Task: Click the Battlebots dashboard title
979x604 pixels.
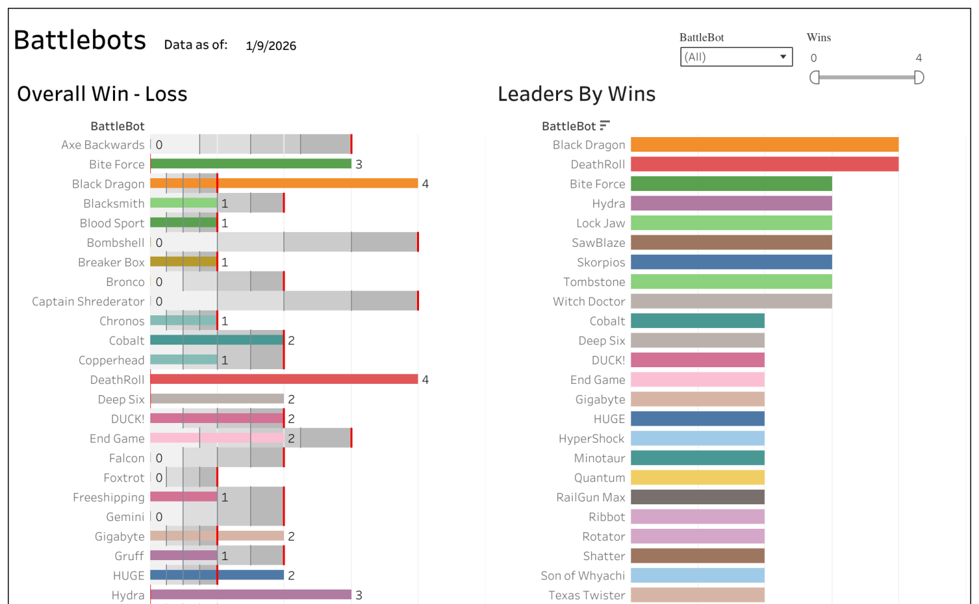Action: click(80, 41)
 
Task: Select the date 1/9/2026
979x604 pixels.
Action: click(271, 46)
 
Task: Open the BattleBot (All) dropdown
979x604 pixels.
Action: click(736, 57)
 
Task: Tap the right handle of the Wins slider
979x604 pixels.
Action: click(919, 78)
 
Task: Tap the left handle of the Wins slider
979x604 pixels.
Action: click(814, 78)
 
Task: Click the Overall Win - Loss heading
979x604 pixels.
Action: click(102, 94)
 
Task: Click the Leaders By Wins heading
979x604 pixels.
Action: click(577, 94)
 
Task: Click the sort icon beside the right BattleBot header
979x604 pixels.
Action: click(604, 126)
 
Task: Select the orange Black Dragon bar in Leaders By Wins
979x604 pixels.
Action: click(764, 144)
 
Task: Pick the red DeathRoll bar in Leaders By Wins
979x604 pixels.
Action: click(764, 164)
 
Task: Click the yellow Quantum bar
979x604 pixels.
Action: click(697, 478)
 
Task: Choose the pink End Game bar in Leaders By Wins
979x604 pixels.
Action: click(697, 380)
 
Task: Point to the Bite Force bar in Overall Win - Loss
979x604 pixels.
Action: click(251, 164)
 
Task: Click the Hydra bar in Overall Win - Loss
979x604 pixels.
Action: click(251, 595)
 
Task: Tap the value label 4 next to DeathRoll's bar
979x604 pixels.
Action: click(426, 380)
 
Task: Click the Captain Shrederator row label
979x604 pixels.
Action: click(88, 301)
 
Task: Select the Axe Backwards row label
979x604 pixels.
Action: click(102, 145)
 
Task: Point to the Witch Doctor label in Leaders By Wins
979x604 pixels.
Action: click(589, 301)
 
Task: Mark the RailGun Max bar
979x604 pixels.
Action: click(697, 497)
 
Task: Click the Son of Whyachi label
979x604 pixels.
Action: click(583, 575)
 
